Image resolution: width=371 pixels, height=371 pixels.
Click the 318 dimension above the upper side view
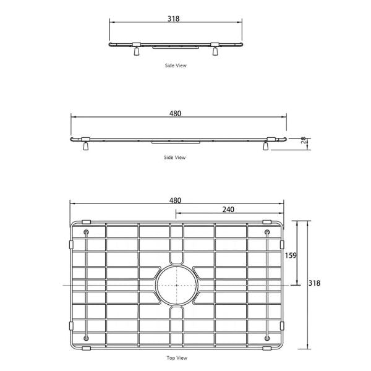[173, 19]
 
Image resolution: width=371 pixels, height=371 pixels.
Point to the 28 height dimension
[304, 142]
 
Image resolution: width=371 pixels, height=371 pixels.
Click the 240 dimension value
[228, 210]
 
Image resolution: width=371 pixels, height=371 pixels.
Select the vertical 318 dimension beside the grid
[314, 283]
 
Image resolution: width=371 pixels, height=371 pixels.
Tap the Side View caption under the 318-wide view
[175, 65]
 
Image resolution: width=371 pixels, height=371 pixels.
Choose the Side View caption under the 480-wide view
[174, 158]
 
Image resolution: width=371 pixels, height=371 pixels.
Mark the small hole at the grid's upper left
[85, 232]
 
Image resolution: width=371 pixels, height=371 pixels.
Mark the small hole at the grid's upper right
[267, 232]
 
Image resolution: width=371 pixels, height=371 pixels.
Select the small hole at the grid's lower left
[85, 337]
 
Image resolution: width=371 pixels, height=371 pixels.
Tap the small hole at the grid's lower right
[267, 337]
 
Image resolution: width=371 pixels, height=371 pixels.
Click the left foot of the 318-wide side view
[135, 52]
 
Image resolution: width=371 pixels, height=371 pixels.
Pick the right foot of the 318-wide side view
[215, 52]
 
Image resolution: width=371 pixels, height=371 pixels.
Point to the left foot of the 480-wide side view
[85, 146]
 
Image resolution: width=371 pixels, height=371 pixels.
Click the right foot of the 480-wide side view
[267, 146]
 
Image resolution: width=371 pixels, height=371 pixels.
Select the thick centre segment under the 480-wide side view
[176, 142]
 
